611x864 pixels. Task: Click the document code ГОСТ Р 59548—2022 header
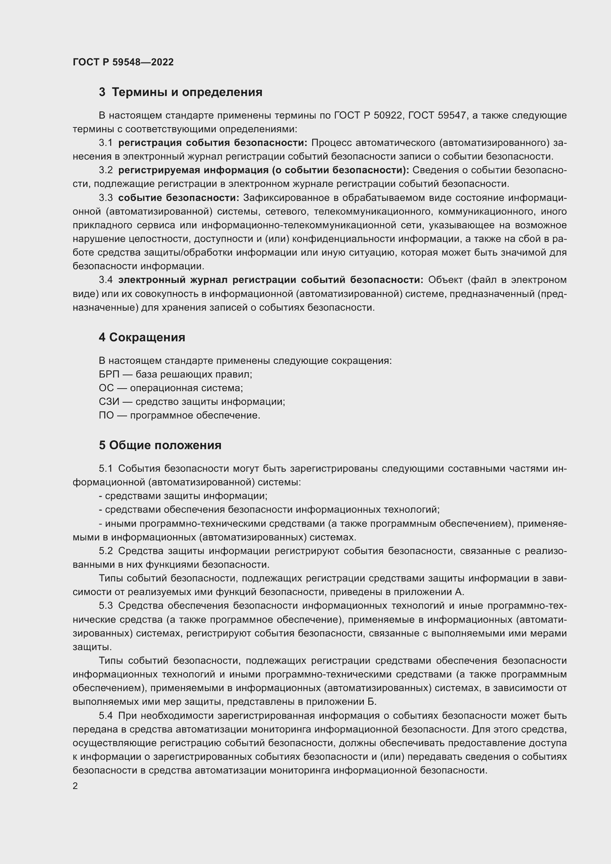pyautogui.click(x=123, y=62)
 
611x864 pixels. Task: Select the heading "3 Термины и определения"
pyautogui.click(x=180, y=92)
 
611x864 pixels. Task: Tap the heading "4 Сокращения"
pyautogui.click(x=142, y=337)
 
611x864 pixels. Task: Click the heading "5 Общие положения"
pyautogui.click(x=160, y=445)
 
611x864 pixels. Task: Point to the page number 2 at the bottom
pyautogui.click(x=75, y=786)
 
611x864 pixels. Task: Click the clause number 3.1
pyautogui.click(x=106, y=143)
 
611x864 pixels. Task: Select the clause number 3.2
pyautogui.click(x=106, y=170)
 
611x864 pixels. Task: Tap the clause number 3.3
pyautogui.click(x=106, y=198)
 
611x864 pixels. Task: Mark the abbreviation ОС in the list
pyautogui.click(x=106, y=388)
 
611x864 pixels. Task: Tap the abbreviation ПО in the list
pyautogui.click(x=106, y=416)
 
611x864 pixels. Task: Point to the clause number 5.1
pyautogui.click(x=106, y=468)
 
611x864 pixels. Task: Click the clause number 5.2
pyautogui.click(x=106, y=551)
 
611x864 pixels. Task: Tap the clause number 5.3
pyautogui.click(x=106, y=605)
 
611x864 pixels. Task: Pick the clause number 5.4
pyautogui.click(x=106, y=716)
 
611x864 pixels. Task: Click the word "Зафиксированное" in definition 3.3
pyautogui.click(x=279, y=198)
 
